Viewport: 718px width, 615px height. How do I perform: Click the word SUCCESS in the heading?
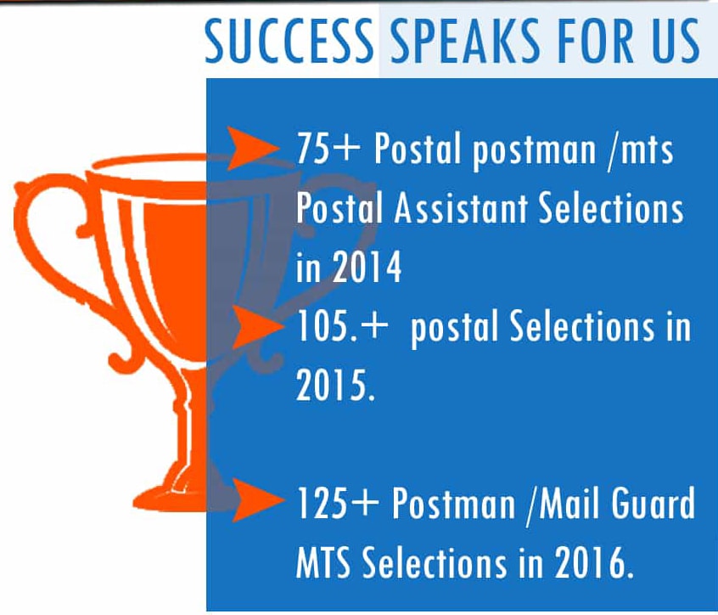[289, 41]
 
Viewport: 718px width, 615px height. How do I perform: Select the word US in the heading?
[676, 41]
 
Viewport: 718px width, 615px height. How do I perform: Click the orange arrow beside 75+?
[253, 149]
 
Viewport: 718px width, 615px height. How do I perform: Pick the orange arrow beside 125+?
[259, 499]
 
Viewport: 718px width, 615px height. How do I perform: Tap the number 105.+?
[342, 326]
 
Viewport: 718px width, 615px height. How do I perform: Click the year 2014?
[367, 268]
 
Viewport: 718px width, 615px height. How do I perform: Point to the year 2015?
[335, 386]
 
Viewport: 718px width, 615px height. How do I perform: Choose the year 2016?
[594, 562]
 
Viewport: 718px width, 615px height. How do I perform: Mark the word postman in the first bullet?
[535, 150]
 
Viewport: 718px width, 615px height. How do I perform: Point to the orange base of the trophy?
[171, 495]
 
